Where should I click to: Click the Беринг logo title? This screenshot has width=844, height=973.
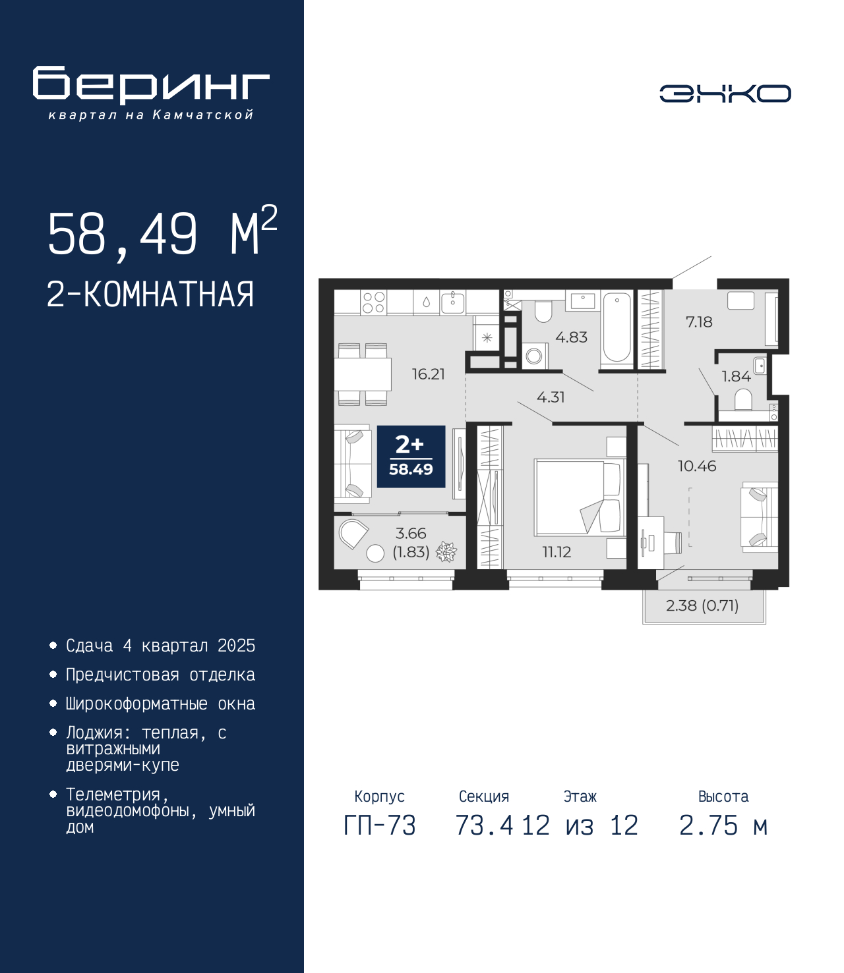click(151, 85)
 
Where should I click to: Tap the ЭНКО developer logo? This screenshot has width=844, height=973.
click(725, 93)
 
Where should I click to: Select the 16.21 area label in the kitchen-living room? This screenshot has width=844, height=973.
click(428, 374)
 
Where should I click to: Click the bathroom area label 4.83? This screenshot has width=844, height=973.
click(571, 337)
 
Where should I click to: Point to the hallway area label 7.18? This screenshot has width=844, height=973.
click(699, 322)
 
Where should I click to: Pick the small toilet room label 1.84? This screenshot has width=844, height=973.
click(736, 376)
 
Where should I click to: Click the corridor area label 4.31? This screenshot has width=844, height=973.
click(551, 397)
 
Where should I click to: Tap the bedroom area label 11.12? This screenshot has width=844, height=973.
click(557, 551)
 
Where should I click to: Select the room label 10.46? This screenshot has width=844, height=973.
click(697, 466)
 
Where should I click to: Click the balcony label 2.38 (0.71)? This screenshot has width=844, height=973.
click(702, 605)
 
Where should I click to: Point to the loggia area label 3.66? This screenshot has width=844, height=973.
click(411, 534)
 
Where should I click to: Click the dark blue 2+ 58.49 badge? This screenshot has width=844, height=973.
click(411, 457)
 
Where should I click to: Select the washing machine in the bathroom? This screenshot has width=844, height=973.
click(534, 356)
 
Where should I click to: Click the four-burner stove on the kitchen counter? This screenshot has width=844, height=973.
click(374, 302)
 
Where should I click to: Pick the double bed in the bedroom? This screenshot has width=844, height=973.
click(580, 498)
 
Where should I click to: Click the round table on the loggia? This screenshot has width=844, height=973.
click(376, 553)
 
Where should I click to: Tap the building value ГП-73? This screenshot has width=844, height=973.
click(380, 825)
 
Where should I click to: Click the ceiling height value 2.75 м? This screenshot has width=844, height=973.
click(723, 825)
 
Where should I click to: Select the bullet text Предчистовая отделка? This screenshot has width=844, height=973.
click(160, 675)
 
